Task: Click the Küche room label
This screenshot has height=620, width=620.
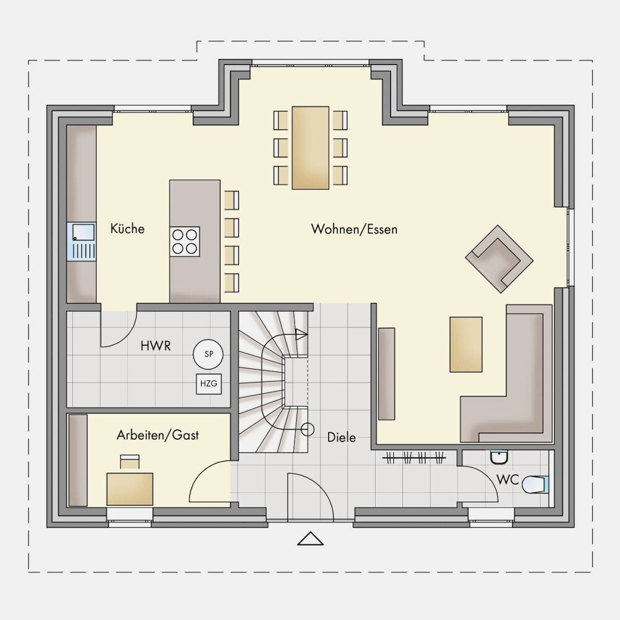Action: pyautogui.click(x=127, y=229)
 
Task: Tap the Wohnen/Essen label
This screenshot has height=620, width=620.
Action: pyautogui.click(x=354, y=229)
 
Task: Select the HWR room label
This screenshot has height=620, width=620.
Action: pyautogui.click(x=156, y=346)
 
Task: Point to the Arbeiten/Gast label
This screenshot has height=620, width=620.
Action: pyautogui.click(x=157, y=435)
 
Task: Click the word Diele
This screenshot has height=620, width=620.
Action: pyautogui.click(x=341, y=437)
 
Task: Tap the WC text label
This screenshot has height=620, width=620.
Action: pyautogui.click(x=507, y=480)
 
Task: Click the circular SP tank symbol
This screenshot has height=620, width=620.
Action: pyautogui.click(x=208, y=354)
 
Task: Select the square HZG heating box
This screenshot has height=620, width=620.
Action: pyautogui.click(x=209, y=384)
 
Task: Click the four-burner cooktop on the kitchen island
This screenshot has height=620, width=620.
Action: pyautogui.click(x=185, y=242)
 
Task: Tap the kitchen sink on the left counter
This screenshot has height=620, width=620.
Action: pyautogui.click(x=81, y=241)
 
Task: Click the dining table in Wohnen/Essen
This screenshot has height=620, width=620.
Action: pyautogui.click(x=311, y=148)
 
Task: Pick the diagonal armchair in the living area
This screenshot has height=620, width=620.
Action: pyautogui.click(x=499, y=259)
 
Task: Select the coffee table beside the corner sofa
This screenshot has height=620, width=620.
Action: pyautogui.click(x=466, y=344)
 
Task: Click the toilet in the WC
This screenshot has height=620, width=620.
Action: pyautogui.click(x=536, y=485)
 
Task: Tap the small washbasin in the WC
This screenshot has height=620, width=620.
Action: pyautogui.click(x=499, y=458)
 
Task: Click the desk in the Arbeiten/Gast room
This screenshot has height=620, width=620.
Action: pyautogui.click(x=130, y=489)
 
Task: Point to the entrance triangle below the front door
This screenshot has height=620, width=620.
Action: pyautogui.click(x=311, y=539)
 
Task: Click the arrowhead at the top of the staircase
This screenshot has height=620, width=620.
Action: pyautogui.click(x=301, y=334)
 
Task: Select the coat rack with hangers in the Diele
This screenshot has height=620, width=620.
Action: pyautogui.click(x=414, y=458)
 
